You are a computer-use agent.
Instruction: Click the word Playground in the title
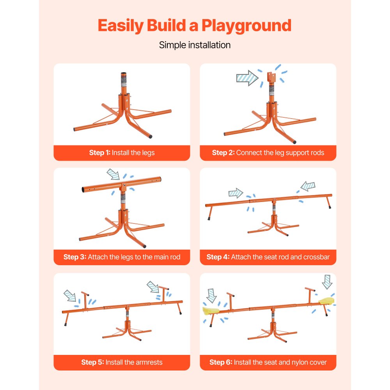pyautogui.click(x=246, y=25)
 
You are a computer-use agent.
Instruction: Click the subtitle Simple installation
pyautogui.click(x=195, y=45)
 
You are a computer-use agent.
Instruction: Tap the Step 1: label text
pyautogui.click(x=99, y=152)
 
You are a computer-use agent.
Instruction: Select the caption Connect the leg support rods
pyautogui.click(x=280, y=152)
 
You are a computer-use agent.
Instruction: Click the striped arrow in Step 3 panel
pyautogui.click(x=113, y=174)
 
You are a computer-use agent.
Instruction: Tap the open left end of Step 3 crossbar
pyautogui.click(x=84, y=190)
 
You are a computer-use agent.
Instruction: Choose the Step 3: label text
pyautogui.click(x=74, y=257)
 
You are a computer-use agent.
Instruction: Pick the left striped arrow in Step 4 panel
pyautogui.click(x=236, y=193)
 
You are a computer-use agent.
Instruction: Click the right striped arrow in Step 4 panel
pyautogui.click(x=308, y=186)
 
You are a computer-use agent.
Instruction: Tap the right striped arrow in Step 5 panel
pyautogui.click(x=152, y=287)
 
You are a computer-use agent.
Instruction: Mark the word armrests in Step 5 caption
pyautogui.click(x=144, y=362)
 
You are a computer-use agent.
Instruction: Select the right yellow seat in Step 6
pyautogui.click(x=327, y=301)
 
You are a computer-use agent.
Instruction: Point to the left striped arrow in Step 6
pyautogui.click(x=211, y=295)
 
